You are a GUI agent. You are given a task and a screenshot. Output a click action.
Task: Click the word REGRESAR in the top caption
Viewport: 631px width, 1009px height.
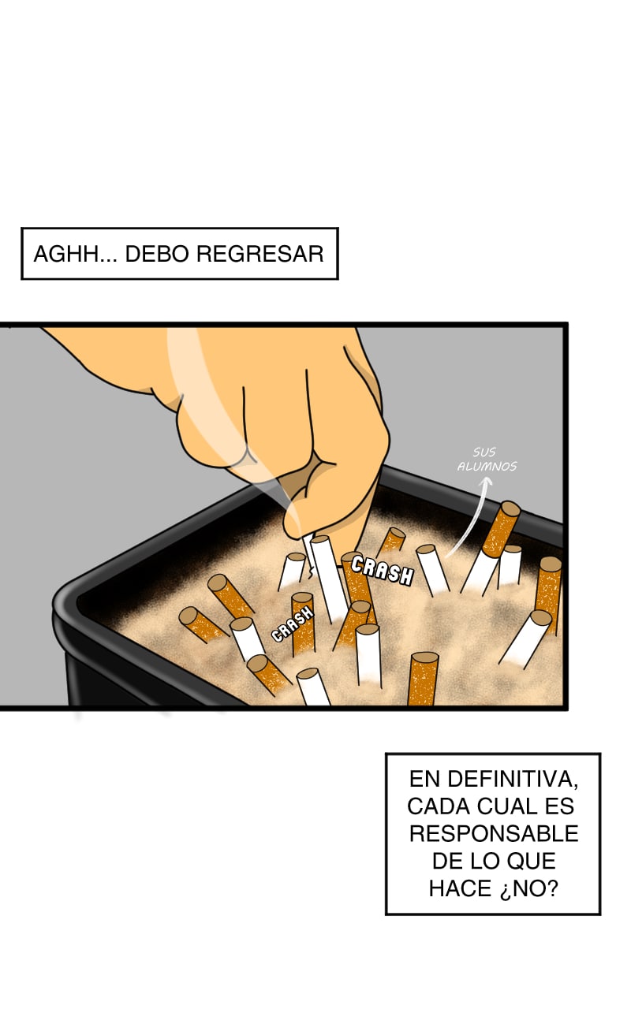(x=260, y=254)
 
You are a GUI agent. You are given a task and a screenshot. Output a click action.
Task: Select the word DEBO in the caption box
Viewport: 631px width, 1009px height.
(x=156, y=254)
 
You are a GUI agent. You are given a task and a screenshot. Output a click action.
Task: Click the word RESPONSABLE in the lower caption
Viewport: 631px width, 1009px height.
(x=494, y=834)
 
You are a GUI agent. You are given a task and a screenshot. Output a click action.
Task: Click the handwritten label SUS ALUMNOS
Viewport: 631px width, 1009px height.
(x=487, y=459)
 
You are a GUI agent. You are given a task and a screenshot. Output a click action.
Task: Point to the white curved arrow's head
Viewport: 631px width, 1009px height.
(x=486, y=482)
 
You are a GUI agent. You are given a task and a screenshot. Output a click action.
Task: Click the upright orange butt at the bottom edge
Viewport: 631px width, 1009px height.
(x=423, y=679)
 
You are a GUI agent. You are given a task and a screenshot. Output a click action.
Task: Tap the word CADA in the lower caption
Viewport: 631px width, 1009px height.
(x=438, y=806)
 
